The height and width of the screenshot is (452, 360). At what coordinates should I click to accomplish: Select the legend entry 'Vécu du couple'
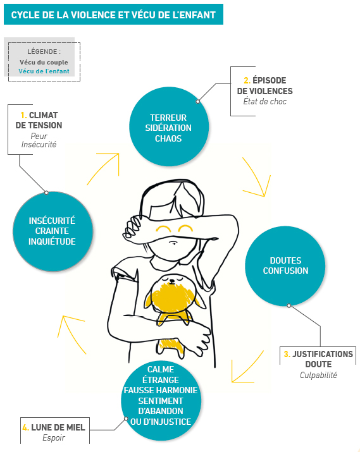coord(44,62)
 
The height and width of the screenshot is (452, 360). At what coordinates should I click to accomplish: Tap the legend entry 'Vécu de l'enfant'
coord(44,71)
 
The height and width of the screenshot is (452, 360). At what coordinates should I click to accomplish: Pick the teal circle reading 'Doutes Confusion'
coord(285,266)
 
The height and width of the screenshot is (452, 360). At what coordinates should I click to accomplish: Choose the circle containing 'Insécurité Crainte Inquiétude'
coord(52,231)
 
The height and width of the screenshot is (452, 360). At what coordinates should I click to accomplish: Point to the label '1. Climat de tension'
coord(40,120)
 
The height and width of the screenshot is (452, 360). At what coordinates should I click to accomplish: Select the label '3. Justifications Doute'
coord(318,359)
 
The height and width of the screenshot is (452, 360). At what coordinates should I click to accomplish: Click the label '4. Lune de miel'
coord(54,428)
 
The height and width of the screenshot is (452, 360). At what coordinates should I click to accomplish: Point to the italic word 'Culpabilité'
coord(318,375)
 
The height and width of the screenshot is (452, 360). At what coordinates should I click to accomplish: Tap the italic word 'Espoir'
coord(54,438)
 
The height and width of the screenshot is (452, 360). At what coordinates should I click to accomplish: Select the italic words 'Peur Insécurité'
coord(39,140)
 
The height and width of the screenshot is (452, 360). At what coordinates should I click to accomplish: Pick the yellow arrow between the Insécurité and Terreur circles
coord(104,165)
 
